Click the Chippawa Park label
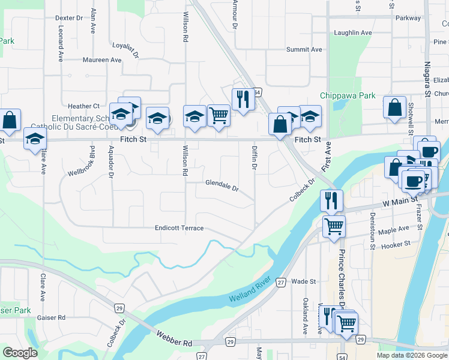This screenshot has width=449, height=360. pos(348,95)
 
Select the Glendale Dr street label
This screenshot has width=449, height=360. pos(221,185)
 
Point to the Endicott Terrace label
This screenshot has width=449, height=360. pos(179,228)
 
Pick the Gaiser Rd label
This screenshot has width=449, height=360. pos(51,317)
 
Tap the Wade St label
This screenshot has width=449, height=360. pos(304,281)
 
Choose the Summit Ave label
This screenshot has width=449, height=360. pos(304,49)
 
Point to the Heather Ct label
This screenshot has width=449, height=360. pos(83,106)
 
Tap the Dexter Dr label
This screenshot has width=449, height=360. pos(69,18)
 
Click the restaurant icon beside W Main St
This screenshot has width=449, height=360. pos(331,201)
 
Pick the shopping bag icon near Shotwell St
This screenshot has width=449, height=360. pos(394,108)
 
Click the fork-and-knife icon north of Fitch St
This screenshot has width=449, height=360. pos(243,100)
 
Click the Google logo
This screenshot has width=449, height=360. pos(20,353)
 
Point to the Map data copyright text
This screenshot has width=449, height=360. pos(411,355)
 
